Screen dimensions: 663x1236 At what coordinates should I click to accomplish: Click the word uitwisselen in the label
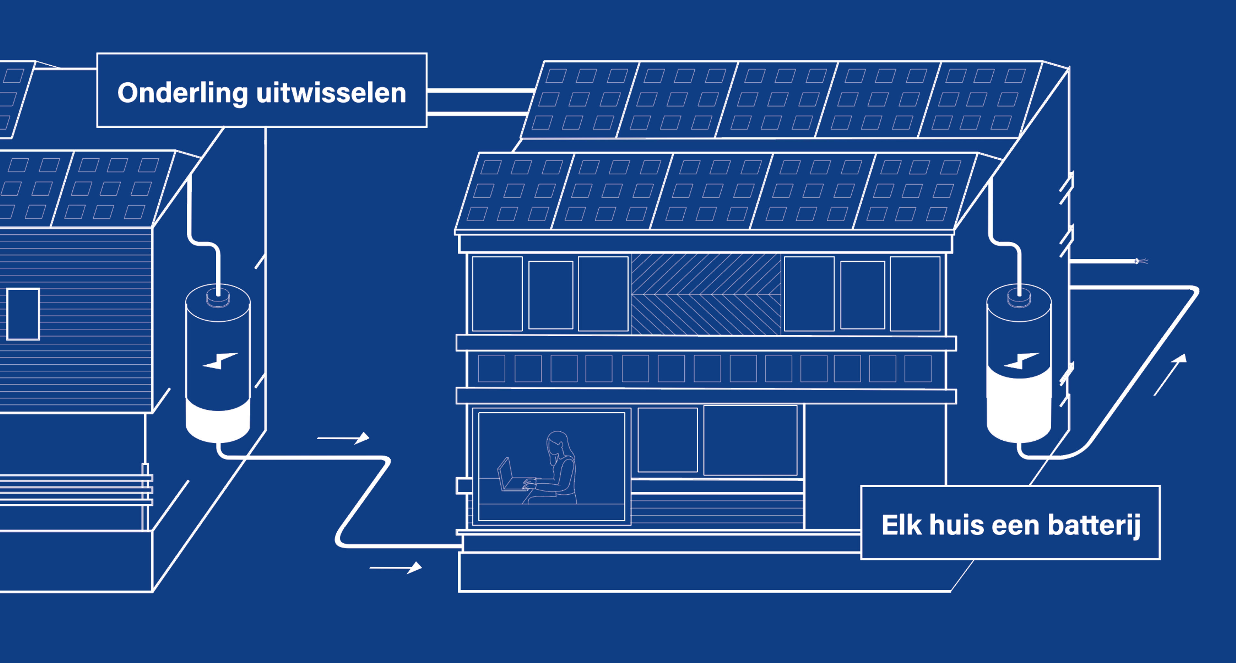tap(331, 93)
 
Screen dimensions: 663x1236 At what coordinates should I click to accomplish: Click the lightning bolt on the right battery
tap(1021, 361)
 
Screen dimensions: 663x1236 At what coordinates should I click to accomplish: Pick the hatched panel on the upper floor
tap(705, 294)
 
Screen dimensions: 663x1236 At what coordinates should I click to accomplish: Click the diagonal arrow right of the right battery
tap(1171, 374)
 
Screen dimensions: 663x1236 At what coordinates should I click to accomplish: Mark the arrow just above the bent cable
tap(343, 438)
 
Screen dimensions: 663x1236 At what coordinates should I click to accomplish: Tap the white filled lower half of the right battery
tap(1019, 408)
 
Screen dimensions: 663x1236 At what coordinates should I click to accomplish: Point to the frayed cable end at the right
tap(1141, 261)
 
